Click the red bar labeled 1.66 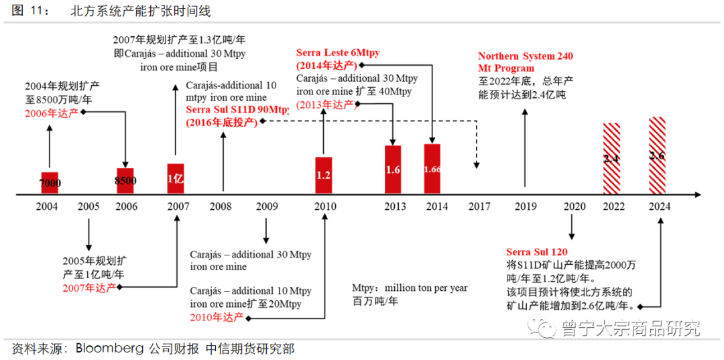point(432,170)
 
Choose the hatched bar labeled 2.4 point(611,159)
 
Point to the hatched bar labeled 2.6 point(657,156)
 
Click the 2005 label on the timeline point(88,206)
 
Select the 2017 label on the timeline point(479,206)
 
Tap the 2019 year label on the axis point(526,206)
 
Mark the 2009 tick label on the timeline point(266,206)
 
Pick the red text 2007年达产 point(87,287)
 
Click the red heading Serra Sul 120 point(537,252)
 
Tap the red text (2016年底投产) point(221,121)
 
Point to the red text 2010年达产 point(215,316)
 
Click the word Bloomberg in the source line point(109,349)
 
